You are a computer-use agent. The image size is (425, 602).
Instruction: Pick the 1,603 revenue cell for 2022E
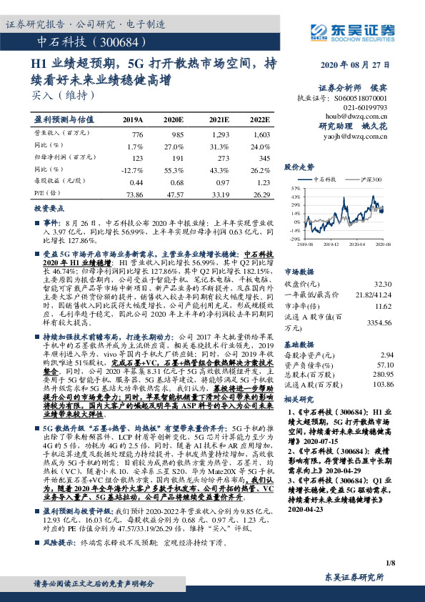click(x=261, y=134)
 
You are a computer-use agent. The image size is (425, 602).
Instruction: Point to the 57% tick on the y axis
click(x=294, y=188)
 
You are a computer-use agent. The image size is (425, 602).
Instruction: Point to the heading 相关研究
click(x=300, y=399)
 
